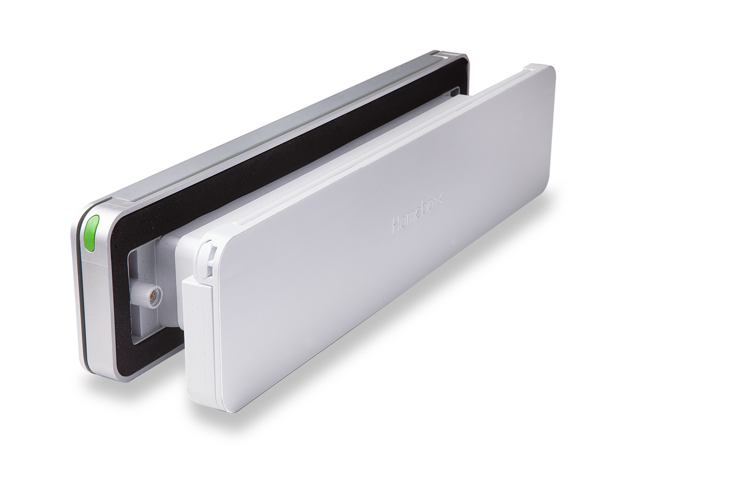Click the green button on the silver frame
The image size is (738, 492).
coord(91,233)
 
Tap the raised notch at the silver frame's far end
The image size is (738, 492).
coord(447,55)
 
